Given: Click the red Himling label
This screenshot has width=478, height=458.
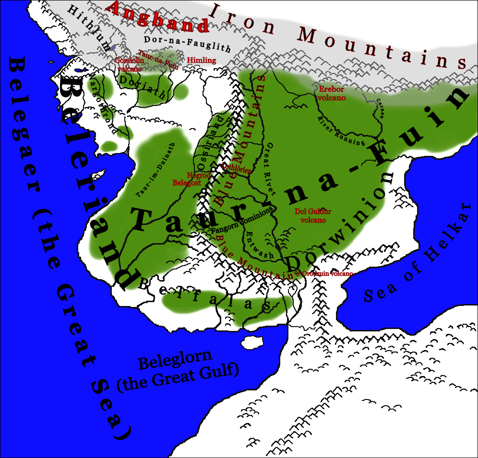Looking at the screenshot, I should tap(201, 60).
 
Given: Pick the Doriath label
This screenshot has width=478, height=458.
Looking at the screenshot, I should tap(143, 87).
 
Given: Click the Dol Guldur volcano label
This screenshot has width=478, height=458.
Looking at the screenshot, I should tap(313, 215).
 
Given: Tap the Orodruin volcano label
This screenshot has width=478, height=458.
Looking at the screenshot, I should tap(327, 273).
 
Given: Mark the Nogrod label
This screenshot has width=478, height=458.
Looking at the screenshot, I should tap(199, 176).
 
